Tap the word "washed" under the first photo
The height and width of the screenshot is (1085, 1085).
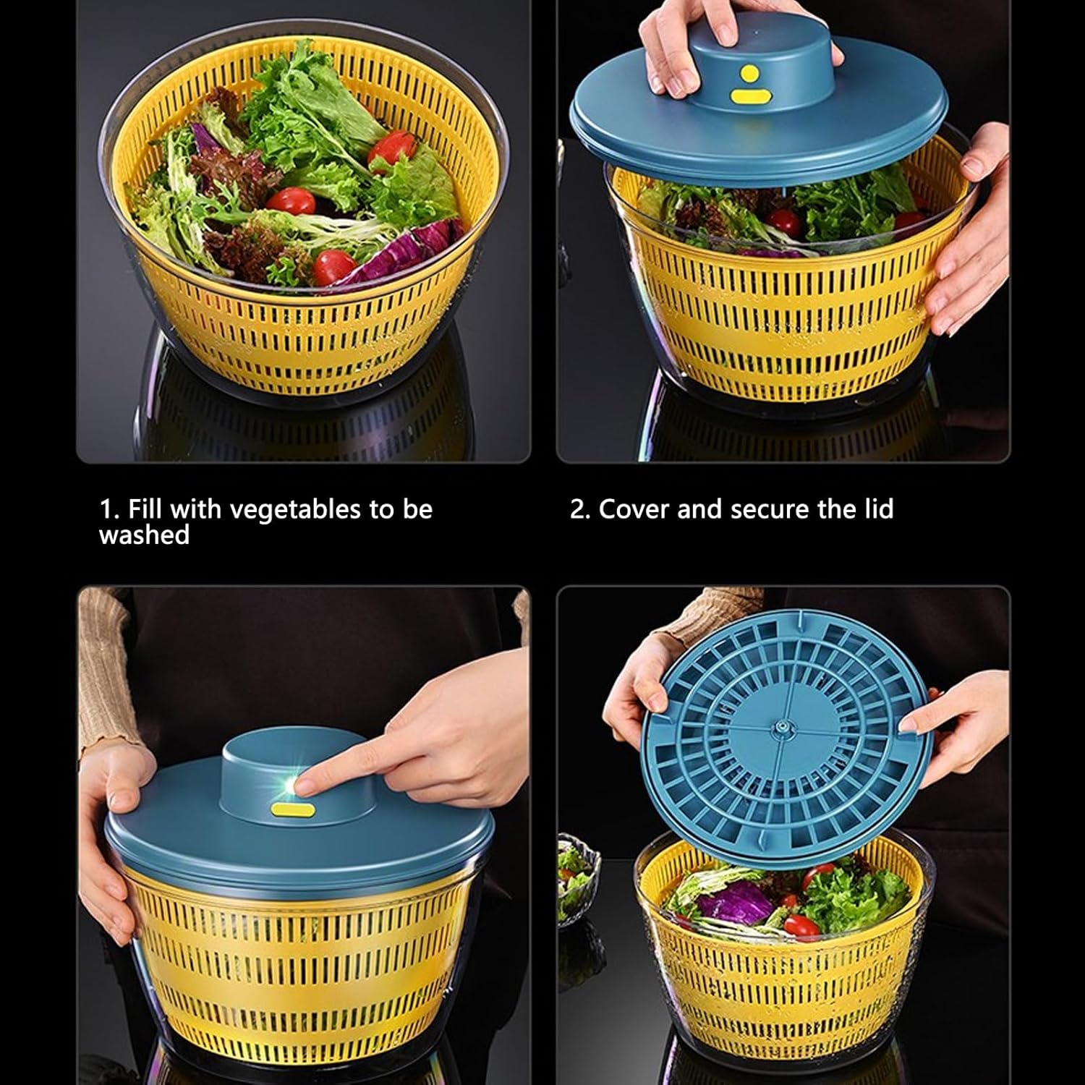(144, 535)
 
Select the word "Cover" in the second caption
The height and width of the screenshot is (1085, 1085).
(634, 509)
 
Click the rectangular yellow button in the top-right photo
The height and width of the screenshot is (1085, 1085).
(748, 95)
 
